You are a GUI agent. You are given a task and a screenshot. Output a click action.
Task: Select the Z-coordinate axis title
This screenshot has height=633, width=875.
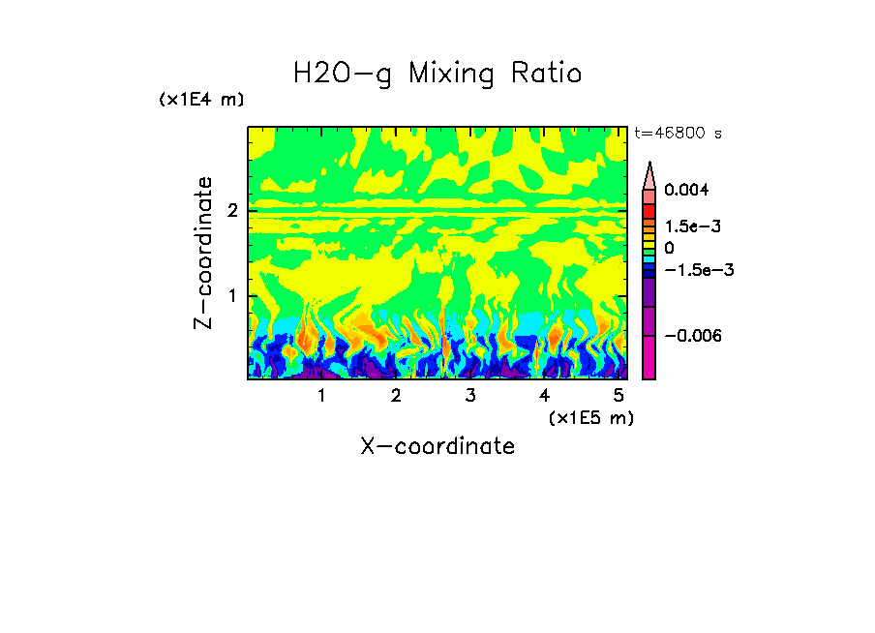click(203, 253)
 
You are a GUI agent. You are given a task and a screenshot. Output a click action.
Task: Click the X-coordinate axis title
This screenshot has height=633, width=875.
click(437, 446)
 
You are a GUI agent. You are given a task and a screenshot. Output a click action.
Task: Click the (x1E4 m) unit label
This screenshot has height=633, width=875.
click(201, 100)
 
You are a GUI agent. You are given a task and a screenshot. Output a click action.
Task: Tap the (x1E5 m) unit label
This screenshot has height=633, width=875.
click(590, 417)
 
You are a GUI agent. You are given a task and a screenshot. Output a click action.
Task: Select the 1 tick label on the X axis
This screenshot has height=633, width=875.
click(321, 396)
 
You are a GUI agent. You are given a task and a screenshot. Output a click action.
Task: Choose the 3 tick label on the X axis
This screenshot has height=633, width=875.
click(469, 396)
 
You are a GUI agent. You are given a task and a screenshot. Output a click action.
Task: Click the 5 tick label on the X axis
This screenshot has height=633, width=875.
click(618, 396)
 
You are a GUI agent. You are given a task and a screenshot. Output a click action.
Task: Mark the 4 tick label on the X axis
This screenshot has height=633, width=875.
click(544, 396)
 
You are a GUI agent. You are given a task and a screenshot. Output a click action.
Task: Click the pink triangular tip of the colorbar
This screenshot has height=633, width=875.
click(649, 176)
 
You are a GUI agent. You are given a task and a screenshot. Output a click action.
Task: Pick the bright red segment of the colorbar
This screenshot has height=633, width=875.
click(649, 211)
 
